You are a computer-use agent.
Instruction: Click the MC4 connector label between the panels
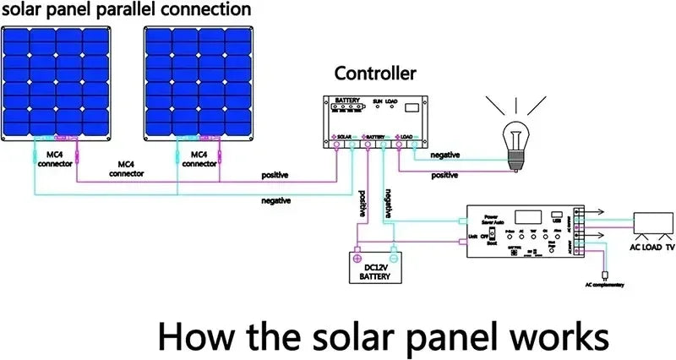tap(126, 169)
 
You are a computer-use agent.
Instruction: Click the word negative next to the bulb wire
tap(444, 155)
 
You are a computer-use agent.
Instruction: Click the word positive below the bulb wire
tap(444, 176)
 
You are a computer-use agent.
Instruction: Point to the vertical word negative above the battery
tap(387, 204)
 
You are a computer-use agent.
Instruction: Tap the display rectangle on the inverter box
tap(530, 215)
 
